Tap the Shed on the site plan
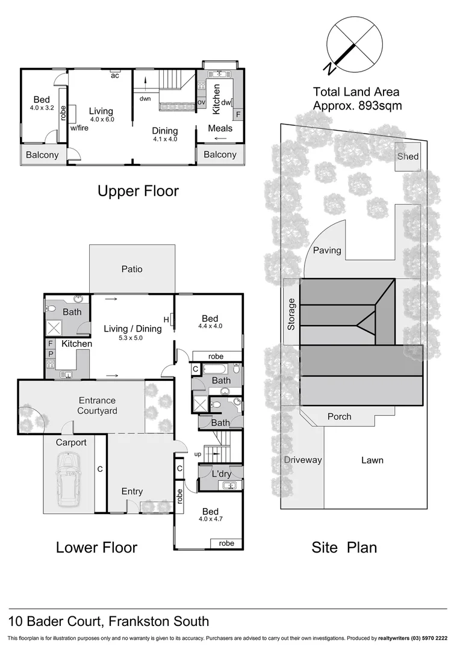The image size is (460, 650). (x=408, y=156)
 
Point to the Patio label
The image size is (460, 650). (x=132, y=269)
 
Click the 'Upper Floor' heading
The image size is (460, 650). (x=138, y=191)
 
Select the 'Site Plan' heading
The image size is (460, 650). (x=344, y=547)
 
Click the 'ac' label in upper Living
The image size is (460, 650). (x=114, y=76)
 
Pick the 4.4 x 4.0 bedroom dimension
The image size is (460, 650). (x=210, y=326)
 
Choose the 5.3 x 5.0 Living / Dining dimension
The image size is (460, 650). (x=132, y=338)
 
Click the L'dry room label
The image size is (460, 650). (x=221, y=474)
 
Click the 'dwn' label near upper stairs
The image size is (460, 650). (x=145, y=99)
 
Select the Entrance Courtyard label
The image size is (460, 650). (x=96, y=406)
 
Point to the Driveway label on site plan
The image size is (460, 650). (x=303, y=460)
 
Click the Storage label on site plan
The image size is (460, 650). (x=291, y=314)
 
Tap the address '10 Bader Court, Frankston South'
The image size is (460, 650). (x=108, y=621)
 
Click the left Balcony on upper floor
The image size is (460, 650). (x=42, y=155)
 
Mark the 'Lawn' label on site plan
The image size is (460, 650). (x=372, y=460)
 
